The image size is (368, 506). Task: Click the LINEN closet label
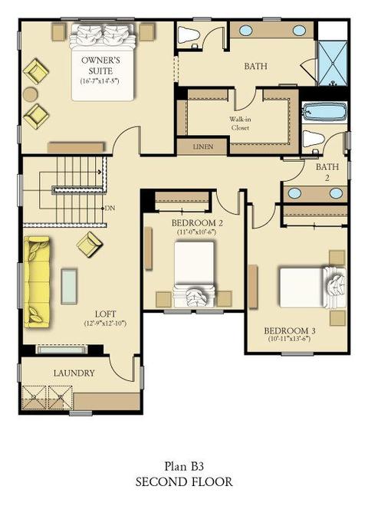pos(203,146)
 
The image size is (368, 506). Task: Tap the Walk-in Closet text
pos(240,123)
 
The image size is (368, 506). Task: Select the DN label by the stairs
pos(110,208)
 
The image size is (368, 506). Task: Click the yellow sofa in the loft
pos(37,282)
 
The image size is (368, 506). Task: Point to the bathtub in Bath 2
pos(324,111)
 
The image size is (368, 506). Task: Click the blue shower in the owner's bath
pos(333,63)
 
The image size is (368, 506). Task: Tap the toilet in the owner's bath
pos(189,34)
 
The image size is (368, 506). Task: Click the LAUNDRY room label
pos(74,373)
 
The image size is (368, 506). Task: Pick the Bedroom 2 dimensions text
pos(196,232)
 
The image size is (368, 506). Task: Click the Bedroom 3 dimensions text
pos(289,339)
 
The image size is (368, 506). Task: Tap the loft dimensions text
pos(105,323)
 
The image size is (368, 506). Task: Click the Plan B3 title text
pos(184,466)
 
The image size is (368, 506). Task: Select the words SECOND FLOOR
pos(184,481)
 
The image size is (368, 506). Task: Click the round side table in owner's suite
pos(31,94)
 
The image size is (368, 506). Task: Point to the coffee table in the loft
pos(69,286)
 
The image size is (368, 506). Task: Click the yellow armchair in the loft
pos(89,245)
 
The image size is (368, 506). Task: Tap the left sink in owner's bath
pos(245,30)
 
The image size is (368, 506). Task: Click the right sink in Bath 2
pos(336,193)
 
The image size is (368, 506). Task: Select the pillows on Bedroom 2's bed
pos(194,297)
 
